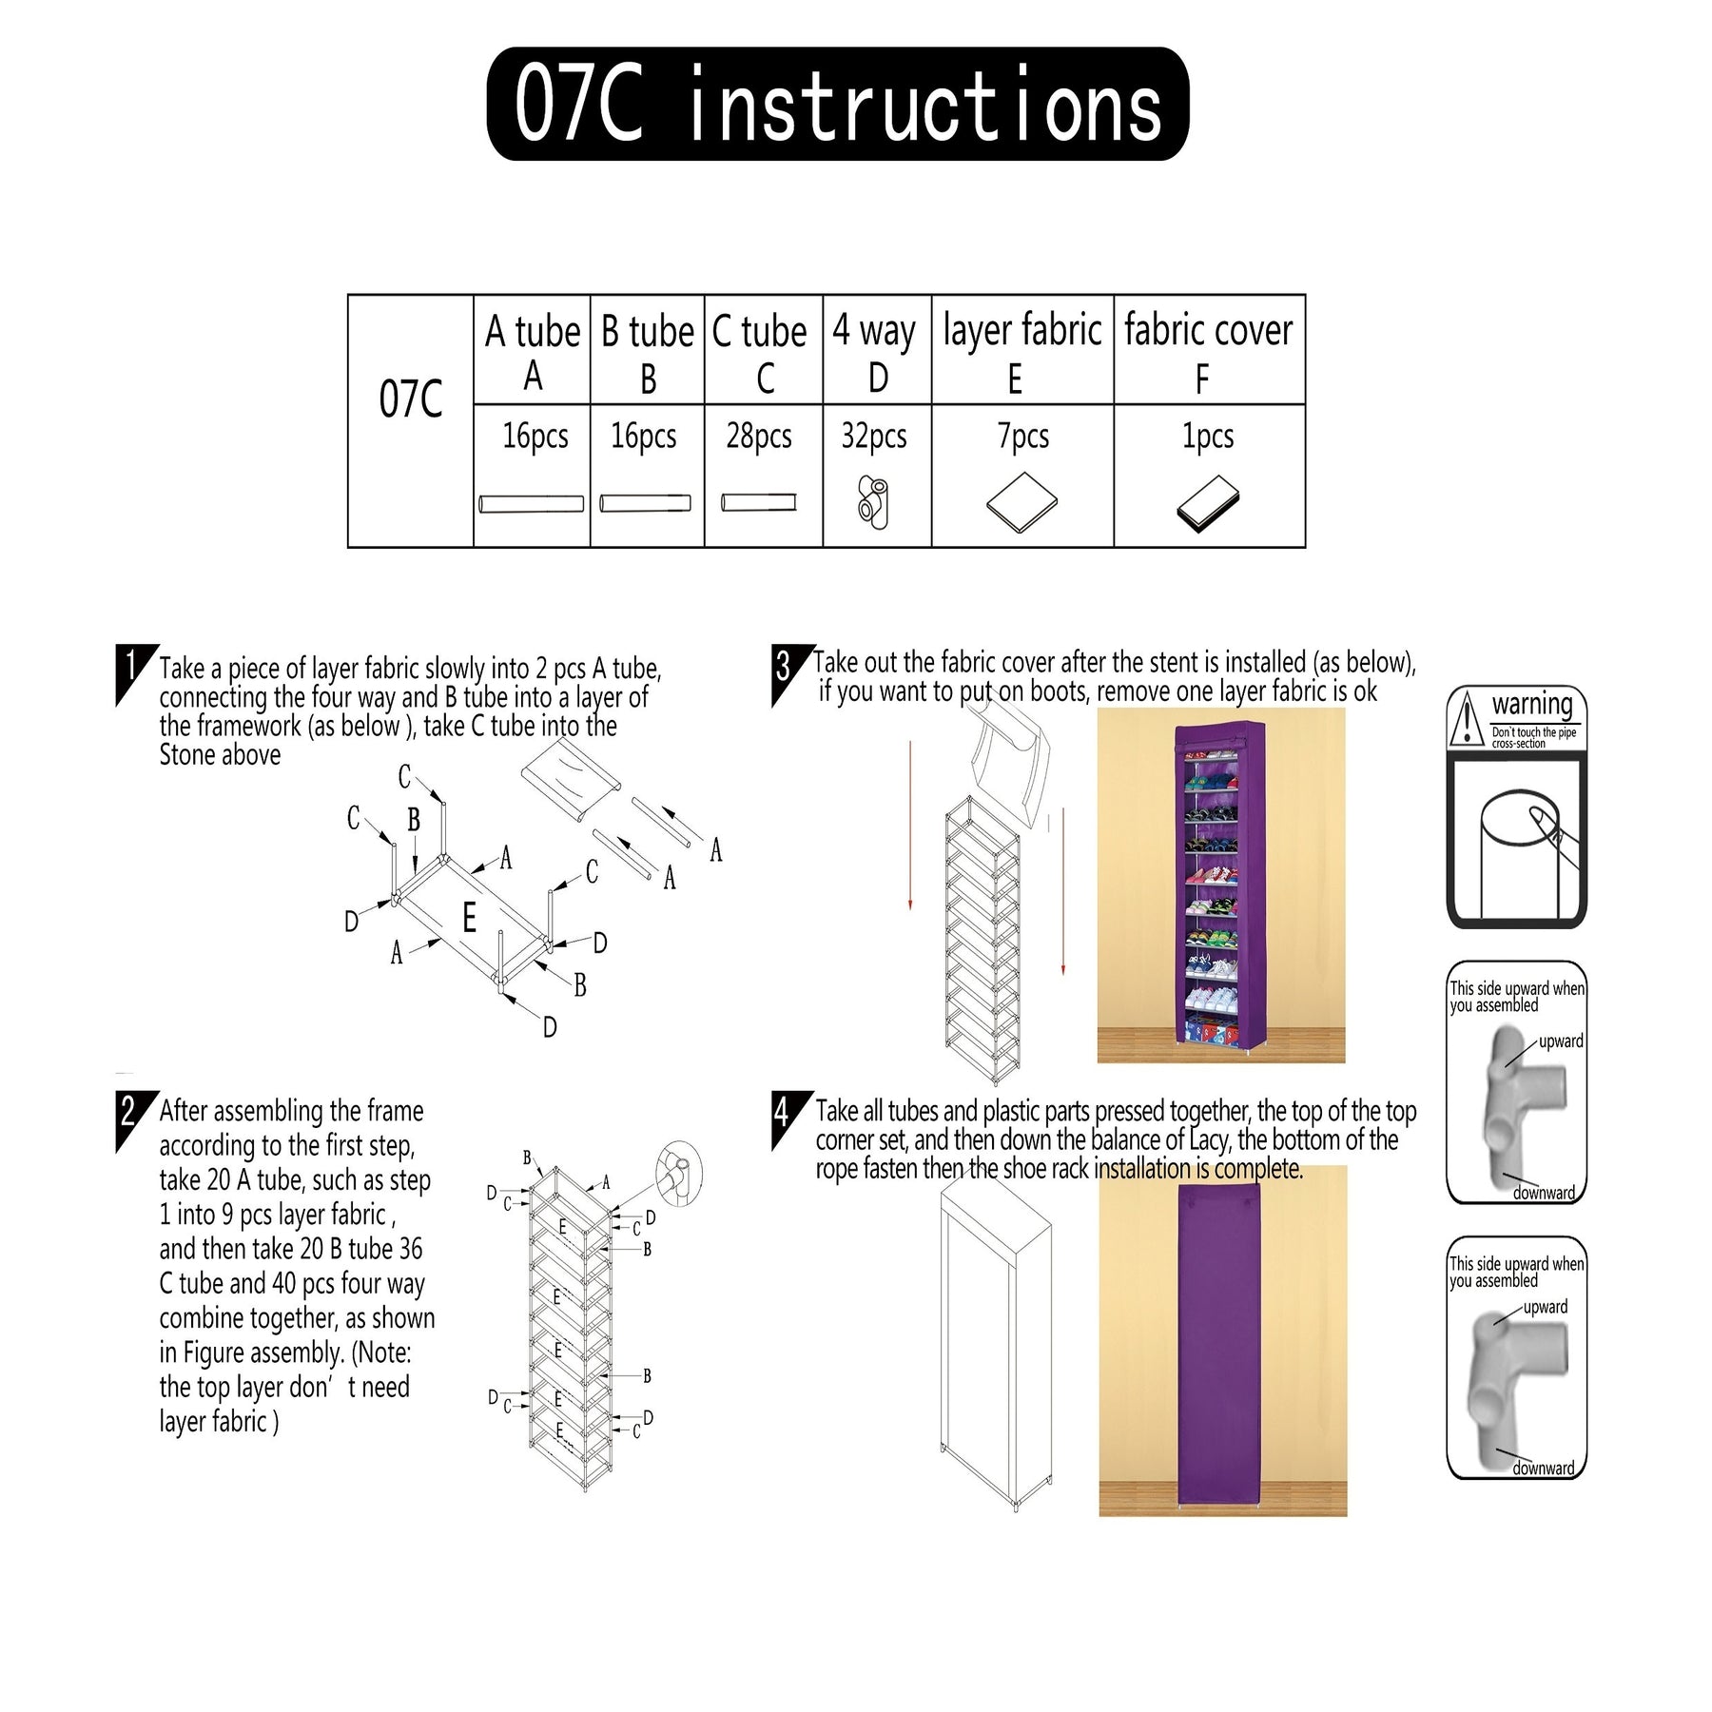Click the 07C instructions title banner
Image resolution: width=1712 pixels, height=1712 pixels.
click(x=837, y=104)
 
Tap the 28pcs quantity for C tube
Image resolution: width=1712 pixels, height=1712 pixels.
click(x=759, y=437)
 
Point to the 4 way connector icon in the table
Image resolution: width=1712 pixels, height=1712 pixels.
click(x=873, y=503)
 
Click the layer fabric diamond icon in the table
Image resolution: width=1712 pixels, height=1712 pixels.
click(x=1022, y=502)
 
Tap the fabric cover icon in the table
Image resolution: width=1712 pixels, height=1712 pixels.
click(x=1208, y=503)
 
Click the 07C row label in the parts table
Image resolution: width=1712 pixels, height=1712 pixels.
click(x=411, y=399)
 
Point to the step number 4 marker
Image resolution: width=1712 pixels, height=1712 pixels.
click(x=788, y=1119)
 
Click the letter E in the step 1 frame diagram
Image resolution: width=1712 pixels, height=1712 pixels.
click(x=469, y=919)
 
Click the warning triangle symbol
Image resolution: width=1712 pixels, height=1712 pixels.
click(x=1467, y=718)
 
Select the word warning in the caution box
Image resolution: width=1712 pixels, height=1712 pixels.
click(x=1532, y=705)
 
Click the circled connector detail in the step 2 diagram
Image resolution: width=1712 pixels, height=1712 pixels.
click(x=678, y=1174)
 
